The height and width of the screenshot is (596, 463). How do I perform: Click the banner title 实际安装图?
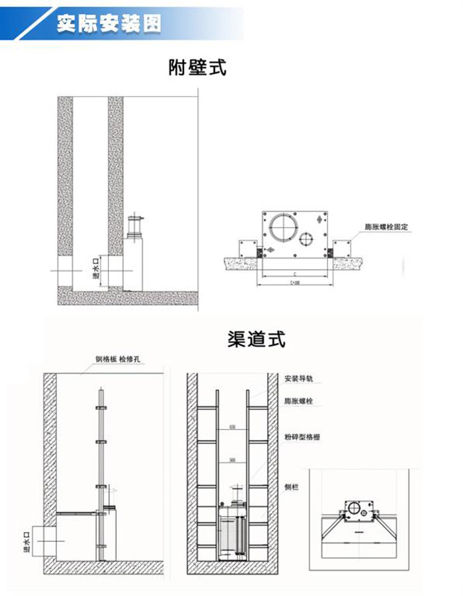point(108,24)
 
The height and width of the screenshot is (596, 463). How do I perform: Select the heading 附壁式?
point(197,67)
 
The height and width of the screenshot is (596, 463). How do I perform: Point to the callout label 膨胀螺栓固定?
point(386,227)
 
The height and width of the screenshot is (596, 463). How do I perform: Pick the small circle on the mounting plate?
point(308,238)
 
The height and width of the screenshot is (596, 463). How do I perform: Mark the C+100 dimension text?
point(293,281)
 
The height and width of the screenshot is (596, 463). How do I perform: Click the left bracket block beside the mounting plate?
point(249,248)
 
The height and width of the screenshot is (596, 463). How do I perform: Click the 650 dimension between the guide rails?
point(232,427)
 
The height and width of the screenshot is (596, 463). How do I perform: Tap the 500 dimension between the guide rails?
point(232,460)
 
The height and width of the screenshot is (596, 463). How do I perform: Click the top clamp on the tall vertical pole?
point(101,408)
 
